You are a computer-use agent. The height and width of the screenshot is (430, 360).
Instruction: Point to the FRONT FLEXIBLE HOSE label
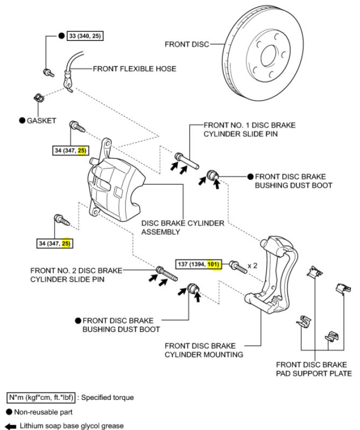(134, 69)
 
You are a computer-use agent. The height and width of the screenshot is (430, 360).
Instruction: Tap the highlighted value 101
(215, 265)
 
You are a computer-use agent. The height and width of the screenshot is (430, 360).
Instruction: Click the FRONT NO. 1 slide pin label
(249, 129)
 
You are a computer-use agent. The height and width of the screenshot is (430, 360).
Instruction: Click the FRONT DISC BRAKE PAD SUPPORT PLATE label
(314, 369)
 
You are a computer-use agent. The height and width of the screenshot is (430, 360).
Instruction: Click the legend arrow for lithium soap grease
(11, 425)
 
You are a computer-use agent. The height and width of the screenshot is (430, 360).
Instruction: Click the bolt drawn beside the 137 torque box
(237, 265)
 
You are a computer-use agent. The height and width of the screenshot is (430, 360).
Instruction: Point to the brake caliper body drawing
(116, 186)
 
